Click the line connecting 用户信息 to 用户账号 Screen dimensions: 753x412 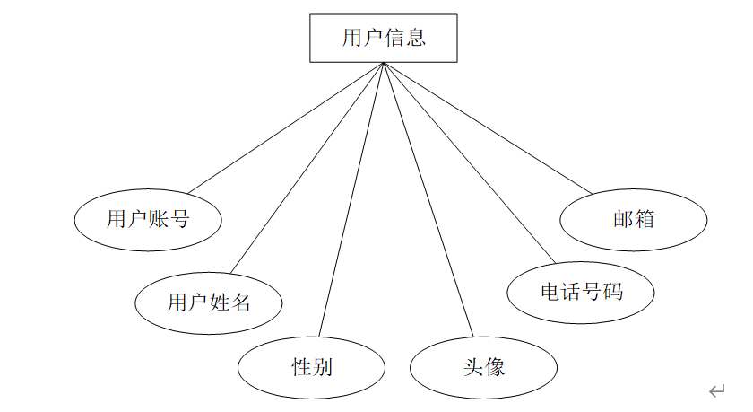pos(286,127)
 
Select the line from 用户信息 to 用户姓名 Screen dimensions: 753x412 pos(307,168)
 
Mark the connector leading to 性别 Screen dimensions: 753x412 pos(351,199)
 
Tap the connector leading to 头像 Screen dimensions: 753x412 pos(428,199)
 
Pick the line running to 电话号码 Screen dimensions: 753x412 pos(470,163)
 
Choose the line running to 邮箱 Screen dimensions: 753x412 pos(488,128)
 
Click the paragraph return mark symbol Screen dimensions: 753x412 pos(716,390)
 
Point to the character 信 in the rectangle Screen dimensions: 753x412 pos(394,38)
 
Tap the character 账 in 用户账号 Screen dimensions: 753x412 pos(159,219)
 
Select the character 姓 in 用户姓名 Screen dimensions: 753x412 pos(219,302)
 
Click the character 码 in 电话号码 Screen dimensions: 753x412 pos(613,292)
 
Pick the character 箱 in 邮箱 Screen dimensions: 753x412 pos(644,219)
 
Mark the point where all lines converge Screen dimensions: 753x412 pos(384,63)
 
